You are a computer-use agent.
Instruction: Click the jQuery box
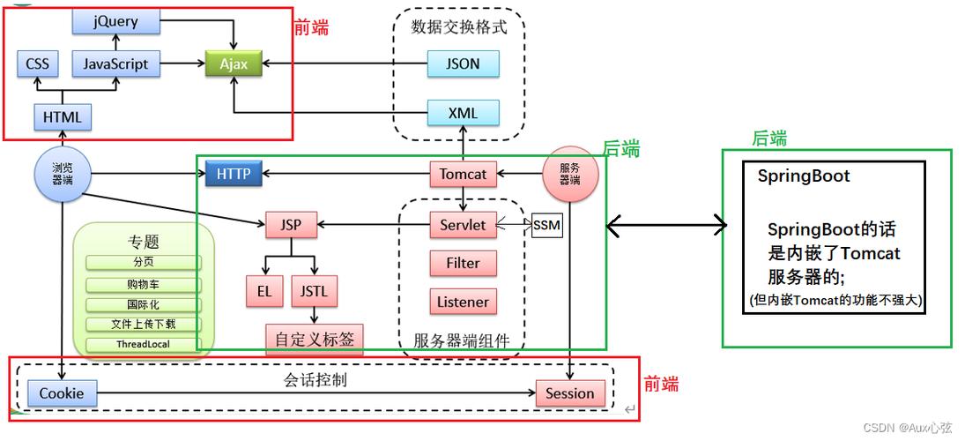pos(115,21)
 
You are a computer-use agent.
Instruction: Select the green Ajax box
pos(234,64)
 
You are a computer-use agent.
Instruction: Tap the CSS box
pos(38,64)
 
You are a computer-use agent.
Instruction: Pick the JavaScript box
pos(115,64)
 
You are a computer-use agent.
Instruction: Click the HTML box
pos(62,116)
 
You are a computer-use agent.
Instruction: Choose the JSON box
pos(464,64)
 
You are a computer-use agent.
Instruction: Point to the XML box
pos(464,113)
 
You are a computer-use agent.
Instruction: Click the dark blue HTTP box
pos(234,174)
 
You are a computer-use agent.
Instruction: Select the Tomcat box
pos(463,174)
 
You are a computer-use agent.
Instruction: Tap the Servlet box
pos(463,225)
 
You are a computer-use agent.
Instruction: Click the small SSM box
pos(546,225)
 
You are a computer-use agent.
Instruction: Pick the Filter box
pos(463,263)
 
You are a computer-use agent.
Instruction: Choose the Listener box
pos(463,302)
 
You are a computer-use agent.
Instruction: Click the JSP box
pos(291,225)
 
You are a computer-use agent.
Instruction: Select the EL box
pos(264,291)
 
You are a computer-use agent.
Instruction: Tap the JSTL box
pos(314,291)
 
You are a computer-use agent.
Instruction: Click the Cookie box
pos(62,393)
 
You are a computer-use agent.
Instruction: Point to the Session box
pos(570,393)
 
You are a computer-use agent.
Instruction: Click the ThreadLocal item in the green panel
pos(144,345)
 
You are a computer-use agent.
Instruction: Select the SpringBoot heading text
pos(804,176)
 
